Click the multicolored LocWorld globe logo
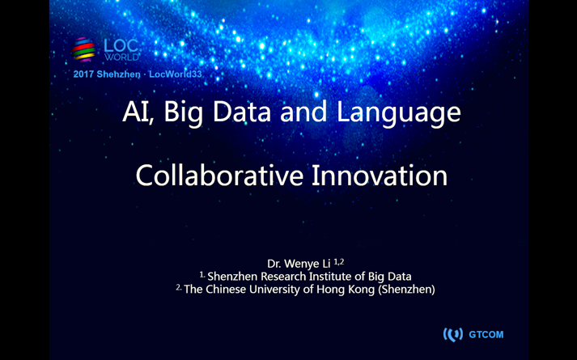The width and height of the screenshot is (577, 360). coord(83,49)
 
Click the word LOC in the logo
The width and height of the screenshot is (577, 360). coord(121,46)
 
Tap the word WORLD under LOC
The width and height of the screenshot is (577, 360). coord(121,57)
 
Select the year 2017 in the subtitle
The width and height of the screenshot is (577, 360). coord(83,74)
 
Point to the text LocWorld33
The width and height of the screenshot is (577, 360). coord(176,74)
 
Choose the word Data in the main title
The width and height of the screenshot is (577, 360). coord(242,112)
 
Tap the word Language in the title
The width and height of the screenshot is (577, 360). coord(398,114)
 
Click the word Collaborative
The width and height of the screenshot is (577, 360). coord(219,176)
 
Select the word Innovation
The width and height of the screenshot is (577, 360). coord(380,176)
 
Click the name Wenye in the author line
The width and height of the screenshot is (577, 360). coord(302,264)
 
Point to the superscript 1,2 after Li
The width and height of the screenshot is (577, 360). coord(339,261)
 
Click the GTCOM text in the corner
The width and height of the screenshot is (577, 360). coord(486,335)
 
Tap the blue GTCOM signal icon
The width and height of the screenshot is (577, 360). coord(453,335)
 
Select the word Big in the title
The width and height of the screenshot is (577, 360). coord(183,113)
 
